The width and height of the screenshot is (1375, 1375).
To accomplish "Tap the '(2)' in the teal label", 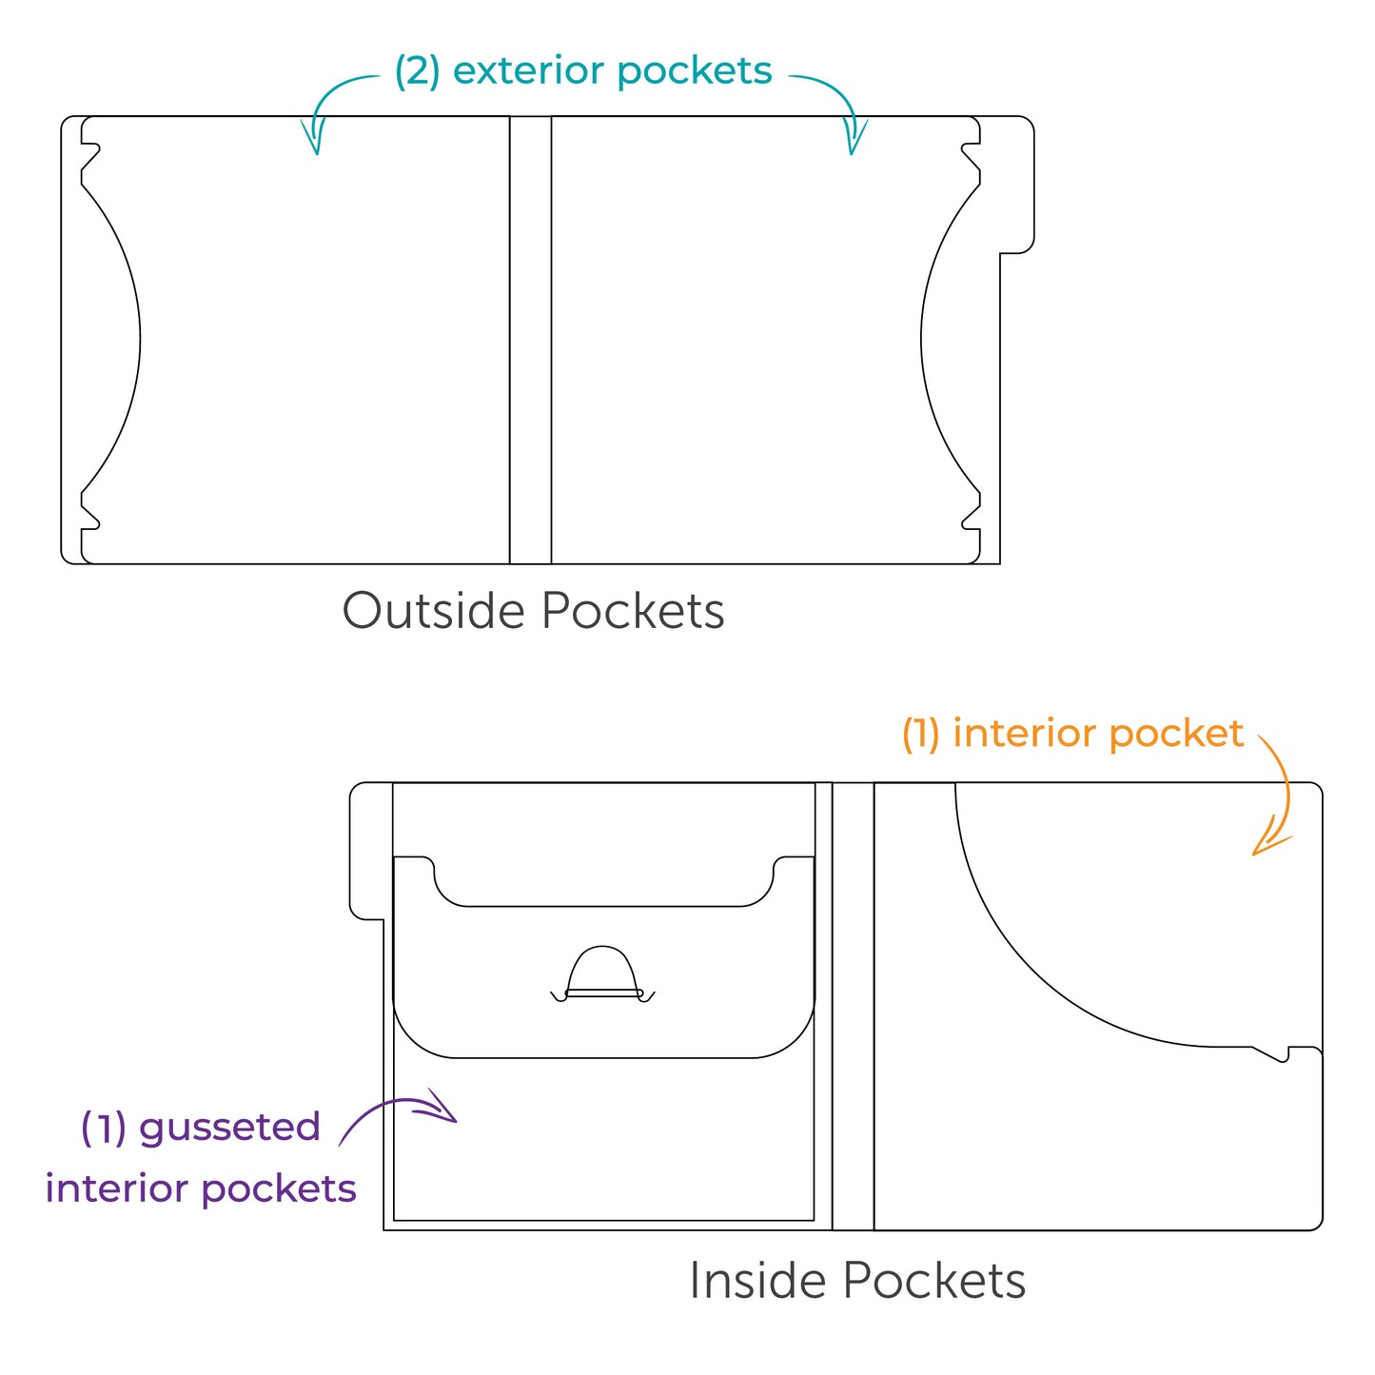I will coord(417,72).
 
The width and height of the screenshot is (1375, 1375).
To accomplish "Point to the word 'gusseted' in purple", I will coord(229,1129).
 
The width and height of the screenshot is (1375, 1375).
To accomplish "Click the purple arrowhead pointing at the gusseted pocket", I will coord(445,1108).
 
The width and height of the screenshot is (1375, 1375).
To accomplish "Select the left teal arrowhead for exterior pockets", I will coord(313,139).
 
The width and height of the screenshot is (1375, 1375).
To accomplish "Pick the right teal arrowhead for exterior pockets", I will coord(854,139).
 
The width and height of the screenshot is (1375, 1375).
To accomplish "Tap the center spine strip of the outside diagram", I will coord(530,340).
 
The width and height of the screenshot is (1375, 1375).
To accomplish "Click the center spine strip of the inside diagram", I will coord(853,1006).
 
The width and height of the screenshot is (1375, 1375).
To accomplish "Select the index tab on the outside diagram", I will coord(1016,185).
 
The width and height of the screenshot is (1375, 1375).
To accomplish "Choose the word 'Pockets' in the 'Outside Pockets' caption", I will coord(633,611).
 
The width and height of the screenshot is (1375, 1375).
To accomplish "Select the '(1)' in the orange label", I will coord(920,735).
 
